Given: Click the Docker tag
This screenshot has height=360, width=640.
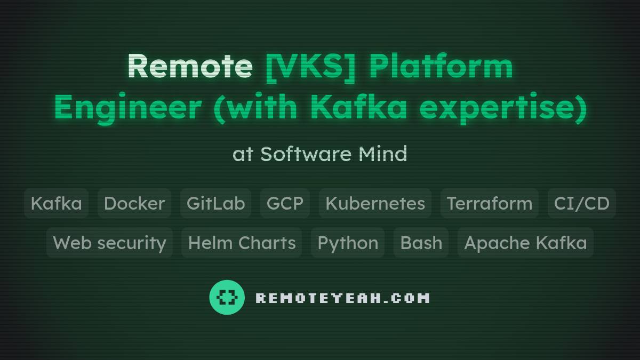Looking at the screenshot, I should point(134,203).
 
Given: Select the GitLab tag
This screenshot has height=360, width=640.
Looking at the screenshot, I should point(215,203).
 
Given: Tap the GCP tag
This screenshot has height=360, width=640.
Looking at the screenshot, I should point(285,203).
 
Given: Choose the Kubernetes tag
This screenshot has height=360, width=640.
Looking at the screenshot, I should point(375,203).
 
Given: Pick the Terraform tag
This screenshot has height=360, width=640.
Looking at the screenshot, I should point(489,203).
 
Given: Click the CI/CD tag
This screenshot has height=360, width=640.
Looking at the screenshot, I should point(581,203).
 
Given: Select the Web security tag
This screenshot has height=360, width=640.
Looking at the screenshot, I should point(109,243).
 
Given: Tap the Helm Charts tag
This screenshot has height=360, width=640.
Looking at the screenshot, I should point(242,243).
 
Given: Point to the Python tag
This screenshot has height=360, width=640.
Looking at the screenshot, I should point(348,243).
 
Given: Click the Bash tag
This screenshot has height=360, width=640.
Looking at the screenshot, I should point(421,243).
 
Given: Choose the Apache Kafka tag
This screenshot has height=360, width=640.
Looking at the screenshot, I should point(525,243).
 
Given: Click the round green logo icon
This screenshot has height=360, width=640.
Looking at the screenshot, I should point(227,297).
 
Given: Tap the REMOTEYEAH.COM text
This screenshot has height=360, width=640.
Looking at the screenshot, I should point(342,298).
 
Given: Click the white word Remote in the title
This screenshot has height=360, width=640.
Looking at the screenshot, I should point(190,66).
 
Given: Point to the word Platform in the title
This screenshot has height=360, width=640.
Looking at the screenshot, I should point(441,66).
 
